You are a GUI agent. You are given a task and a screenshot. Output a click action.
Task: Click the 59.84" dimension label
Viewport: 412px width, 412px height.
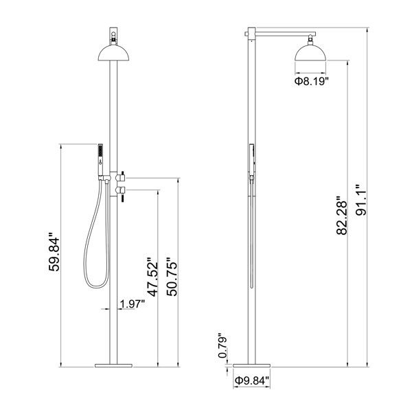tap(54, 251)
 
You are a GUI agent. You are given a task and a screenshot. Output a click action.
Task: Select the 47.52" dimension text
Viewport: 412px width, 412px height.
tap(152, 277)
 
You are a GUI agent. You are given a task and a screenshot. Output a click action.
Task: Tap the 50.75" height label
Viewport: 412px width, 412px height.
tap(172, 277)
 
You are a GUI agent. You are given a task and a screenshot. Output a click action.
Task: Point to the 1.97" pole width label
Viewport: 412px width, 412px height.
tap(133, 304)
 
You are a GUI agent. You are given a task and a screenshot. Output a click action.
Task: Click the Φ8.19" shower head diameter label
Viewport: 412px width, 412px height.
tap(312, 81)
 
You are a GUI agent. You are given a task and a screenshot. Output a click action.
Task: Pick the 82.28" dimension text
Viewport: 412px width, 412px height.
tap(342, 215)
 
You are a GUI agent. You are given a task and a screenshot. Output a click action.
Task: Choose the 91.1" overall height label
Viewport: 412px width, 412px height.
tap(361, 200)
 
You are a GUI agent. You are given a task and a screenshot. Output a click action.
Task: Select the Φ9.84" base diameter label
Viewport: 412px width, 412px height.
tap(252, 380)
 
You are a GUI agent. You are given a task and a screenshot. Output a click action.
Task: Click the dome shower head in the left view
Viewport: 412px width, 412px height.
tap(113, 53)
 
